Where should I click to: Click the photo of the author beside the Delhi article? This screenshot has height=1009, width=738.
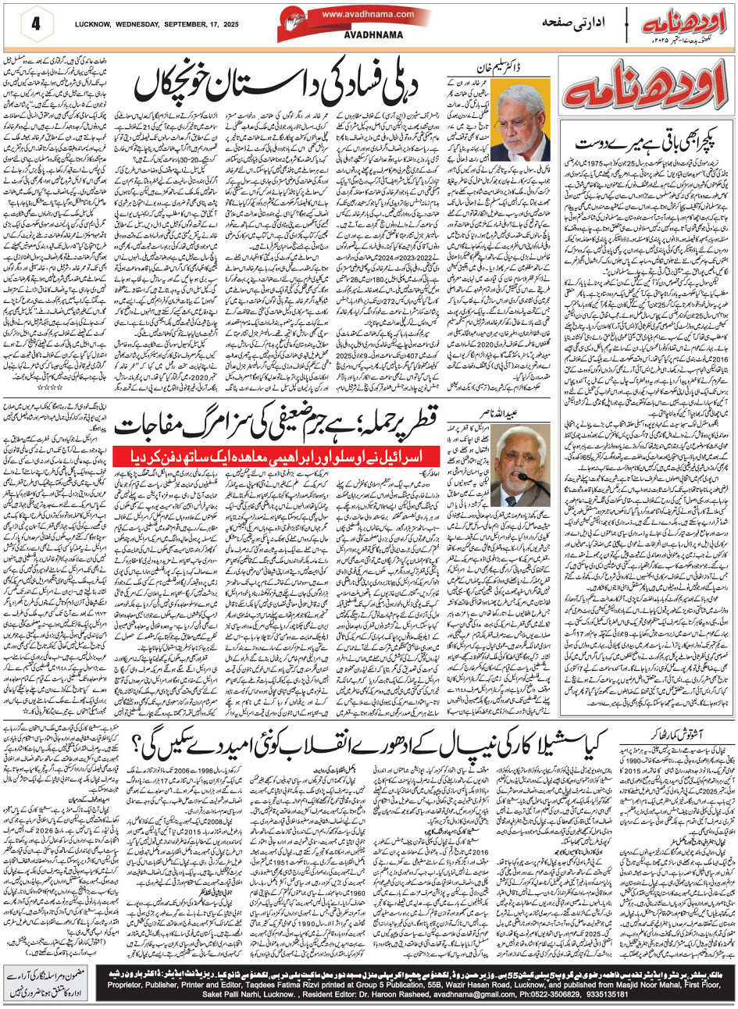[x=519, y=123]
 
